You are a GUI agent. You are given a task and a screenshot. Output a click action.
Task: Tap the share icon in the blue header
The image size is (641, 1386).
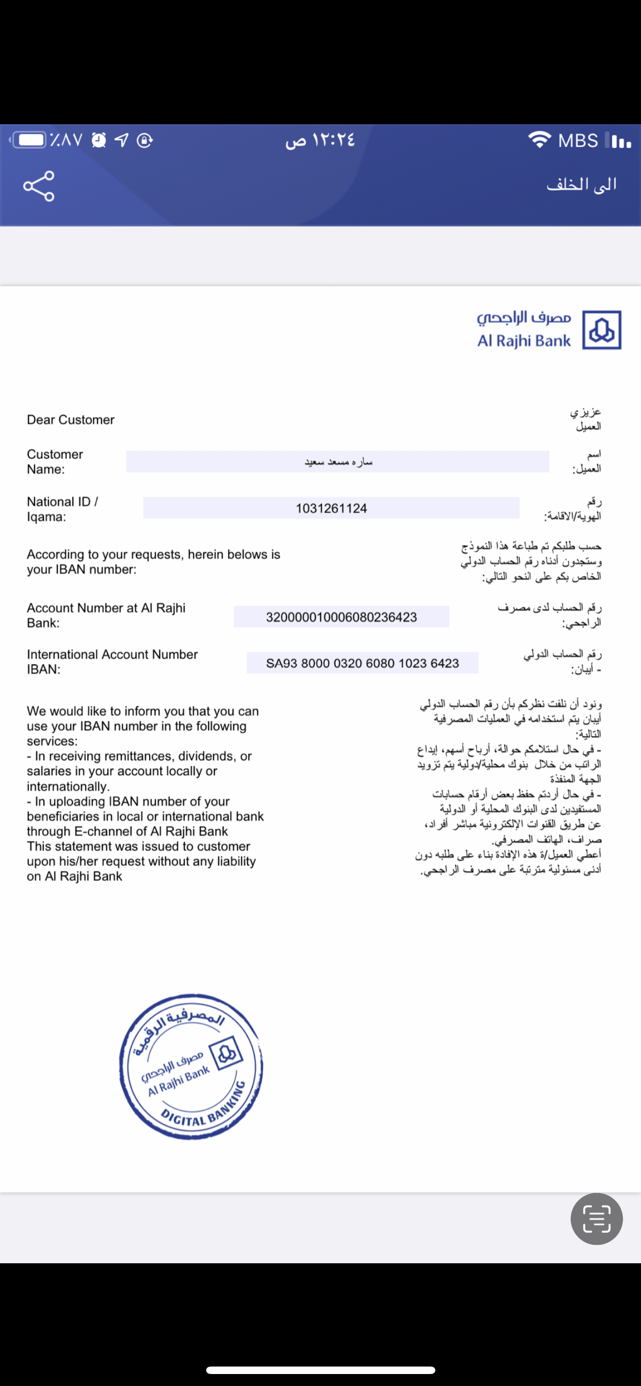point(39,186)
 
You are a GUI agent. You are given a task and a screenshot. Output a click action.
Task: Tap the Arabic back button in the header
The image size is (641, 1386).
point(581,185)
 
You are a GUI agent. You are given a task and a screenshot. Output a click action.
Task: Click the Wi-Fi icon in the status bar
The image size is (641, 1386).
point(539,139)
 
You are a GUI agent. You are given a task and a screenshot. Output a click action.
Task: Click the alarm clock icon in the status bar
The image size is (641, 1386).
point(99,140)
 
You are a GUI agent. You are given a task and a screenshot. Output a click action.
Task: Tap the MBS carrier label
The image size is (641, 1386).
point(578,140)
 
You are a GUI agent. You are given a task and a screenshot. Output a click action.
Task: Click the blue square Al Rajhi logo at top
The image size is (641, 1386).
point(602,330)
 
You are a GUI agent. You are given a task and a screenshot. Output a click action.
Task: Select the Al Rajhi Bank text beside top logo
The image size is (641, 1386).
point(524,341)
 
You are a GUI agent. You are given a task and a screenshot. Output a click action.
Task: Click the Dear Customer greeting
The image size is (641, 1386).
point(70,420)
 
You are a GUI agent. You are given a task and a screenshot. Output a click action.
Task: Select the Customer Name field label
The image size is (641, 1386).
point(55,462)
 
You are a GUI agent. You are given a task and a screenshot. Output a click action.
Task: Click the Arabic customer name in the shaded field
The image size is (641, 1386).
point(338,462)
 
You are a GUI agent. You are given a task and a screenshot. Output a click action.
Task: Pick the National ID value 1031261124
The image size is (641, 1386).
point(331,508)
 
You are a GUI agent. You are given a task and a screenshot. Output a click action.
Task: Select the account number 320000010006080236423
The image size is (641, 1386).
point(341,617)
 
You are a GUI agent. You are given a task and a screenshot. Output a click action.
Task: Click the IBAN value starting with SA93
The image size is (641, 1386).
point(362,664)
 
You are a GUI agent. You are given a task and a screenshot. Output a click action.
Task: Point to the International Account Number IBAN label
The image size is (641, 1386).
point(112,662)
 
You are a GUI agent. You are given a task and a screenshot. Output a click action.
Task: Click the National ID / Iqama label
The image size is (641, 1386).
point(62,509)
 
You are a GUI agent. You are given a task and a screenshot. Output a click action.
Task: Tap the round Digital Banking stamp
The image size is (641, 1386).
point(191,1066)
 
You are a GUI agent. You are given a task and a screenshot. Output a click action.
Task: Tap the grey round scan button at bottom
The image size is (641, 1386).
point(597,1219)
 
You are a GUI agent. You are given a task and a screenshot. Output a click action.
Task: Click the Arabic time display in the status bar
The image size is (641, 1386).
point(320,140)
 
